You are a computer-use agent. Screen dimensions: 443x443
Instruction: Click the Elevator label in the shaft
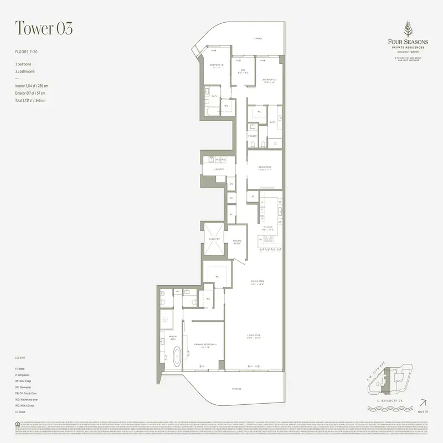click(x=214, y=239)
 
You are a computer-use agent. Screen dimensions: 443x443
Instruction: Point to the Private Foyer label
click(x=237, y=241)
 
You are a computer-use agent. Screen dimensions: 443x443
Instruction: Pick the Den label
click(x=243, y=70)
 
